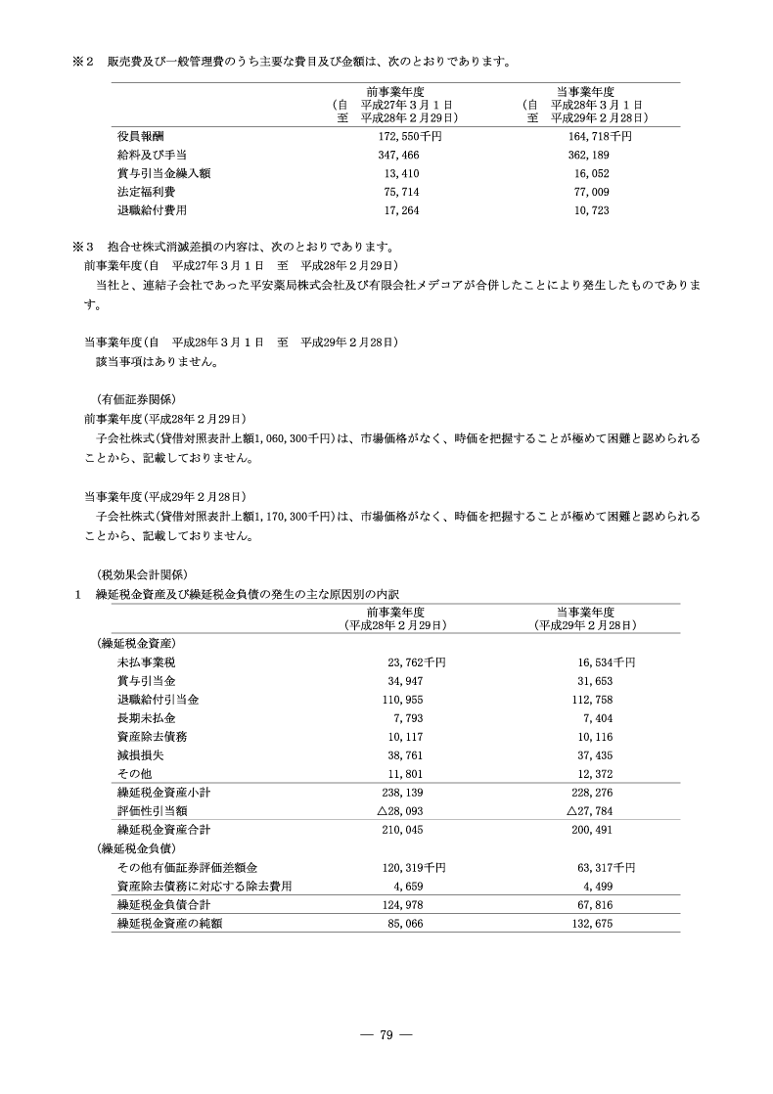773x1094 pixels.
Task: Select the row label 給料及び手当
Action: (152, 156)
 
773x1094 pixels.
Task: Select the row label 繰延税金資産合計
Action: (163, 830)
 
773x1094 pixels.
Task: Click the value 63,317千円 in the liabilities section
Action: (607, 867)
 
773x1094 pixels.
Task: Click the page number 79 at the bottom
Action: (386, 1036)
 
